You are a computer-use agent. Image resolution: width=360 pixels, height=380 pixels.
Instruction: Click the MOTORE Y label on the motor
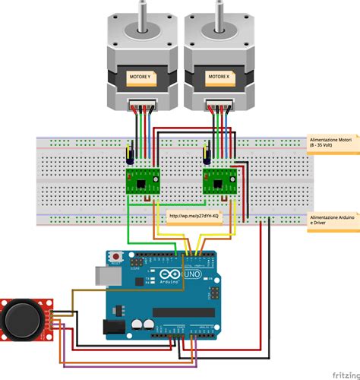[141, 77]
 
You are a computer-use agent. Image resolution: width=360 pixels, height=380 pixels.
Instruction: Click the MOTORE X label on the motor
[219, 77]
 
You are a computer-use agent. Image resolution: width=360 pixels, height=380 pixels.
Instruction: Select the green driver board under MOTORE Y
[141, 181]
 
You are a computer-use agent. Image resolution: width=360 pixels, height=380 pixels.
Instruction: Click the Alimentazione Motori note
[333, 144]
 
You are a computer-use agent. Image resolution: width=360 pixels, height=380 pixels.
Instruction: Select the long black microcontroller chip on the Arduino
[183, 312]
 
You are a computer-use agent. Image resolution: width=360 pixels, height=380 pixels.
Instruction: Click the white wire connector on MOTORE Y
[141, 104]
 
